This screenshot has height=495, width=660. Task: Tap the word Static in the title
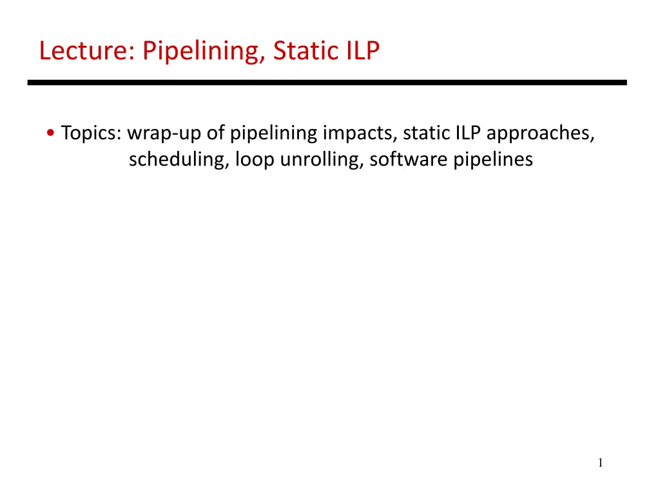coord(306,50)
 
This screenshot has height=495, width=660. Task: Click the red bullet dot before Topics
coord(51,133)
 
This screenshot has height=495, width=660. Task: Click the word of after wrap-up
coord(215,133)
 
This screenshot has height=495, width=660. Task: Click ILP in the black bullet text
coord(468,133)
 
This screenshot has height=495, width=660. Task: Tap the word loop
coord(255,160)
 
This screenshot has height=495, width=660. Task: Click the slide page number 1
coord(600,463)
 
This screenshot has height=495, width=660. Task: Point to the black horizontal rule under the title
coord(327,82)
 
